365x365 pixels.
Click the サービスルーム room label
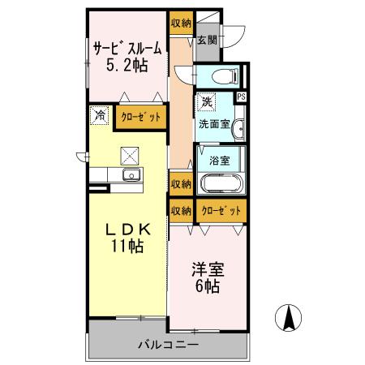(127, 47)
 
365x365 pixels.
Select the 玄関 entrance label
(207, 39)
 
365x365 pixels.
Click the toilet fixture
(222, 76)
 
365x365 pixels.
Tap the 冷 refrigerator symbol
(98, 116)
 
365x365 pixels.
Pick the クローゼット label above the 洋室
(221, 210)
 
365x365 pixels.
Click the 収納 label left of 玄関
(180, 24)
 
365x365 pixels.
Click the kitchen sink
(131, 175)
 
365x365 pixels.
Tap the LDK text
(128, 230)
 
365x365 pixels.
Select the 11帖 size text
(128, 247)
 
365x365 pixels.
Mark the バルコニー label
(167, 345)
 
